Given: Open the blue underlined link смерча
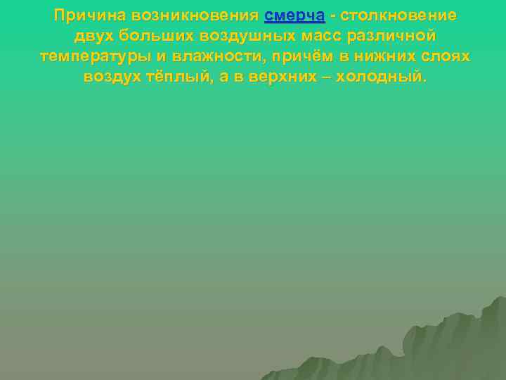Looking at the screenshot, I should coord(294,15).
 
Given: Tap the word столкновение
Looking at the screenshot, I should coord(398,15).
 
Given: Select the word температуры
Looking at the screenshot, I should coord(95,56).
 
